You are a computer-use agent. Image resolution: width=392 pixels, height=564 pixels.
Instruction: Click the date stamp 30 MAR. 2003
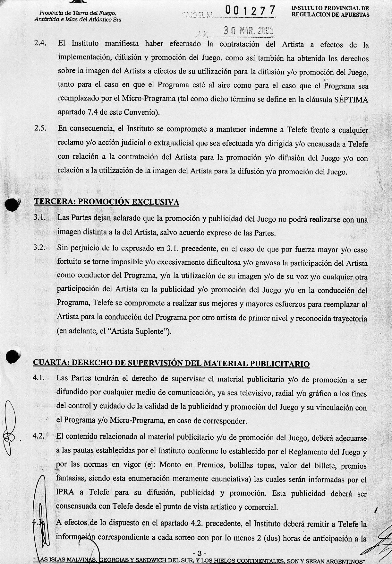[248, 31]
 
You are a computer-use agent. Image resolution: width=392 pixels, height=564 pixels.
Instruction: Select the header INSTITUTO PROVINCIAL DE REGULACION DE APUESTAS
[330, 12]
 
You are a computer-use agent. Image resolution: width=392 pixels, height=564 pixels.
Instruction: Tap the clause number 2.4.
[41, 43]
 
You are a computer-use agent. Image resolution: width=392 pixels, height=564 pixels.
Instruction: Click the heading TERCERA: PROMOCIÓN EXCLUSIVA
[107, 202]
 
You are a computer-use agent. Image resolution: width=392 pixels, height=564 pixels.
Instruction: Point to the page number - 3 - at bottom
[199, 553]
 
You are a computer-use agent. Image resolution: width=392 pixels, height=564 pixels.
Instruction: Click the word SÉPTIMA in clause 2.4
[351, 100]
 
